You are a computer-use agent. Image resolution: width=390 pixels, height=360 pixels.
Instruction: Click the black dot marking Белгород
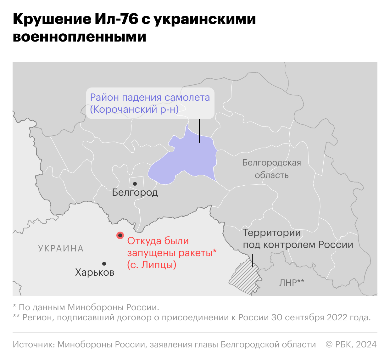coord(135,184)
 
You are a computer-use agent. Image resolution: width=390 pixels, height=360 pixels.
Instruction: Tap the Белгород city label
coord(135,192)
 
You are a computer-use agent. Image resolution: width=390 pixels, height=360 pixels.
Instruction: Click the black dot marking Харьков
coord(104,264)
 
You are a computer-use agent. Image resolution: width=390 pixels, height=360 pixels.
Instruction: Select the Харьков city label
coord(95,272)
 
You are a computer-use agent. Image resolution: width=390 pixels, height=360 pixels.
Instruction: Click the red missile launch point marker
coord(120,235)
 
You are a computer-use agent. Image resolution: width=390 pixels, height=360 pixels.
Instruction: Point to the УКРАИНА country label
coord(61,249)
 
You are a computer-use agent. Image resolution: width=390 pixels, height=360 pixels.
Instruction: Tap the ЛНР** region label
coord(292,282)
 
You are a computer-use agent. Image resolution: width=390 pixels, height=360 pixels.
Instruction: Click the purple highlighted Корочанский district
coord(189,157)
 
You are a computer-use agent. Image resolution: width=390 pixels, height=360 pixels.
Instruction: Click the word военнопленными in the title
coord(80,37)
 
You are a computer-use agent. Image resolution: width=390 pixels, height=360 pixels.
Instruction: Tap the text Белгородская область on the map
coord(272,169)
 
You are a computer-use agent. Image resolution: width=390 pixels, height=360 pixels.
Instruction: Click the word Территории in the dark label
coord(272,233)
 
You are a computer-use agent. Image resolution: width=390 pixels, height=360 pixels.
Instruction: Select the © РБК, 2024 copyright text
coord(351,345)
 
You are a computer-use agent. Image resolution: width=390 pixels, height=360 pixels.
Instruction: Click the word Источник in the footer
coord(33,345)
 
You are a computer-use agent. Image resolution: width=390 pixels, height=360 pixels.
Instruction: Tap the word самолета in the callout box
coord(187,98)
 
